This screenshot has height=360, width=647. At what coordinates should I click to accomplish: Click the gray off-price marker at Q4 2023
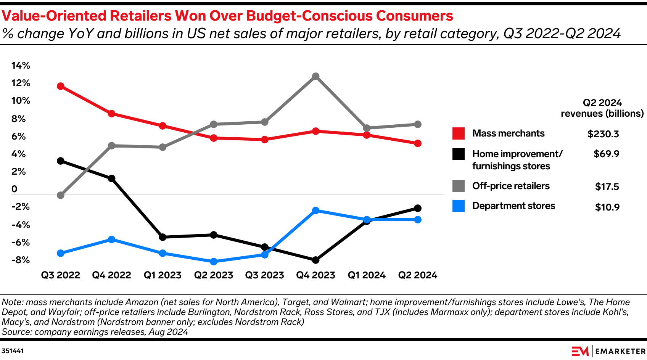(315, 76)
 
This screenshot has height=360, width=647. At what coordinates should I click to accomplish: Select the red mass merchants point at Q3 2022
(60, 86)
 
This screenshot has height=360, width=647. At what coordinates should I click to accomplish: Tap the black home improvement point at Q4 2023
(315, 260)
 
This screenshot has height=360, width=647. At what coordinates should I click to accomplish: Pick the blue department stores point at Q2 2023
(214, 262)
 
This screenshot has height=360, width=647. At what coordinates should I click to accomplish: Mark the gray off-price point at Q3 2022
(60, 195)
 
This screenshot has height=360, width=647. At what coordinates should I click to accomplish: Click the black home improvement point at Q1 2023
(163, 237)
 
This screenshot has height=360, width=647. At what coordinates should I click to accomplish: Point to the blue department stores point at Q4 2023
(315, 211)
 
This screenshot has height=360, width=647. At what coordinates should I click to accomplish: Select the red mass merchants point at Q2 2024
(418, 143)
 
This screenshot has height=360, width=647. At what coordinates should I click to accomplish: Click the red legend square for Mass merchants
(459, 133)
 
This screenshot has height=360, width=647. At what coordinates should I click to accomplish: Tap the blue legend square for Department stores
(459, 206)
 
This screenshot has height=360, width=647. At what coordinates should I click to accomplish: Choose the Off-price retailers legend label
(511, 186)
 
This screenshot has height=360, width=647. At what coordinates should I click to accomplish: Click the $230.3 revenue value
(603, 134)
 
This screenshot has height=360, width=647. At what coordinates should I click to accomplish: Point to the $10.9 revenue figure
(607, 207)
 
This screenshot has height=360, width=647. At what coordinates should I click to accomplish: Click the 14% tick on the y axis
(21, 66)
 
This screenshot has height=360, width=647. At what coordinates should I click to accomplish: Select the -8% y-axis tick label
(21, 260)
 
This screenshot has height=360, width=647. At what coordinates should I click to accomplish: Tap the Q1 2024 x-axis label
(367, 275)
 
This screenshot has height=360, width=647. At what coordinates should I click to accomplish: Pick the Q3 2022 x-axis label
(61, 275)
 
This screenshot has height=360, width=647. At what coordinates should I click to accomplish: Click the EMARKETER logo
(608, 351)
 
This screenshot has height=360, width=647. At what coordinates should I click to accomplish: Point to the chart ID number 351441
(13, 351)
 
